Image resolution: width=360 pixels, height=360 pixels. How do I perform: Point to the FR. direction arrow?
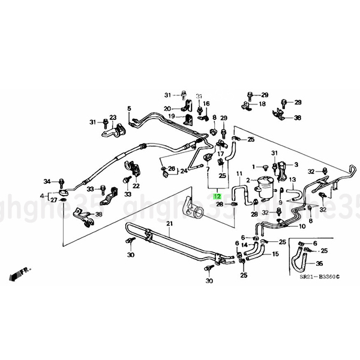19,274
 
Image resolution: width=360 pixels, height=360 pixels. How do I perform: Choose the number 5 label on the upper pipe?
128,108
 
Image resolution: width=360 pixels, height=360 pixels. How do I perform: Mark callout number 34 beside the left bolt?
47,181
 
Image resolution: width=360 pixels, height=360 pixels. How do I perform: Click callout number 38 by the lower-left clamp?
98,214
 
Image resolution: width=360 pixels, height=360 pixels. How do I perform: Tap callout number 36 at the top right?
298,118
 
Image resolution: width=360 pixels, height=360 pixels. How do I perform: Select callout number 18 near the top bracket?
262,104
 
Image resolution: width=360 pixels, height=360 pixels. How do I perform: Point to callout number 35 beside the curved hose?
319,263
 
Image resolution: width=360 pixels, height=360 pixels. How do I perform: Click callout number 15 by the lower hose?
275,254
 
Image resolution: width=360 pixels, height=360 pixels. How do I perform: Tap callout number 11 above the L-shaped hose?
239,175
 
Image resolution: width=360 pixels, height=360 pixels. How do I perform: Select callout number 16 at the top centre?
206,104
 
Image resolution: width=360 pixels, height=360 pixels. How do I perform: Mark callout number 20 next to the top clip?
167,108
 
